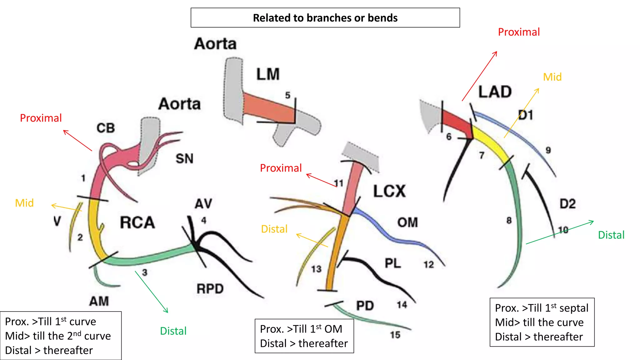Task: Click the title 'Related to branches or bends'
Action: [325, 18]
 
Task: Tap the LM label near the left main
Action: [268, 74]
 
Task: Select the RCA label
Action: [137, 223]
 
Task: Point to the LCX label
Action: [389, 191]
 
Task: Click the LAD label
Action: [495, 92]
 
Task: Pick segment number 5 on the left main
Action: [287, 95]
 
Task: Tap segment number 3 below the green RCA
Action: [144, 272]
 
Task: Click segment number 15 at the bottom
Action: [395, 335]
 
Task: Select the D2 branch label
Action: [567, 204]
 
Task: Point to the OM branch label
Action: [407, 222]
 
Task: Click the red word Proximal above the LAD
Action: [519, 32]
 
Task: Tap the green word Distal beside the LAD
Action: [611, 235]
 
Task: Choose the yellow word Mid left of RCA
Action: [24, 203]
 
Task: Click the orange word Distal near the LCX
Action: [274, 229]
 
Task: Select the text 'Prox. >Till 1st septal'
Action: [541, 308]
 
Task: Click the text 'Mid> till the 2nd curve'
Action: [58, 336]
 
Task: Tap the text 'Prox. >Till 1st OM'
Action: [301, 329]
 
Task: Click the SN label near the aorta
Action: [184, 159]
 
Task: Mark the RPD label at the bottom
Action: [210, 289]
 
